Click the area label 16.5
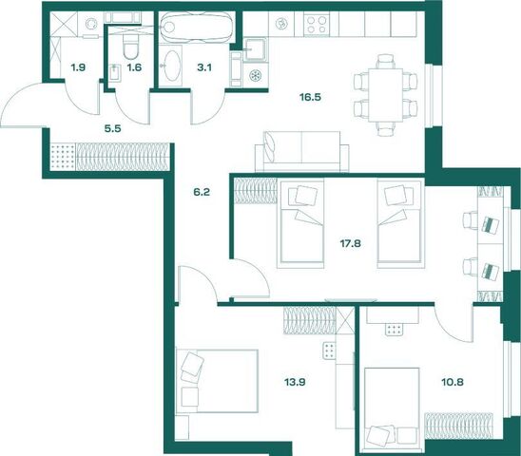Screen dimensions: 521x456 point(310,98)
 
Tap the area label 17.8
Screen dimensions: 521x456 point(350,244)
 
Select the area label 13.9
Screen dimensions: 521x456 point(295,382)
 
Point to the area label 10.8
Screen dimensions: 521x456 point(453,382)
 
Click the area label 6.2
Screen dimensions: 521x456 point(202,192)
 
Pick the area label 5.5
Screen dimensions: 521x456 point(112,128)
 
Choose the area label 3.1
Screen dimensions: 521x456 point(204,67)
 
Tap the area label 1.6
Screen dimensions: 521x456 point(134,67)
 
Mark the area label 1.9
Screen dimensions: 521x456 point(78,67)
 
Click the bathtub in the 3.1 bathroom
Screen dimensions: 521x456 point(197,28)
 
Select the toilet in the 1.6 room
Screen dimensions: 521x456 point(130,46)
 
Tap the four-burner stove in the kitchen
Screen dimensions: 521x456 point(317,25)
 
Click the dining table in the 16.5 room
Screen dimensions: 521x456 point(385,95)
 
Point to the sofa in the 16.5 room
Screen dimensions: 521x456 point(301,151)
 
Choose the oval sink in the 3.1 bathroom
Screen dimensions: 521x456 point(171,66)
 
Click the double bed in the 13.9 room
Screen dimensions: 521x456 point(217,381)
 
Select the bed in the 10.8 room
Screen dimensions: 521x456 point(392,408)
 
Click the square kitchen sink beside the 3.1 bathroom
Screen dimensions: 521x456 point(255,49)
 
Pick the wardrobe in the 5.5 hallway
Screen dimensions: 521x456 point(109,157)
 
